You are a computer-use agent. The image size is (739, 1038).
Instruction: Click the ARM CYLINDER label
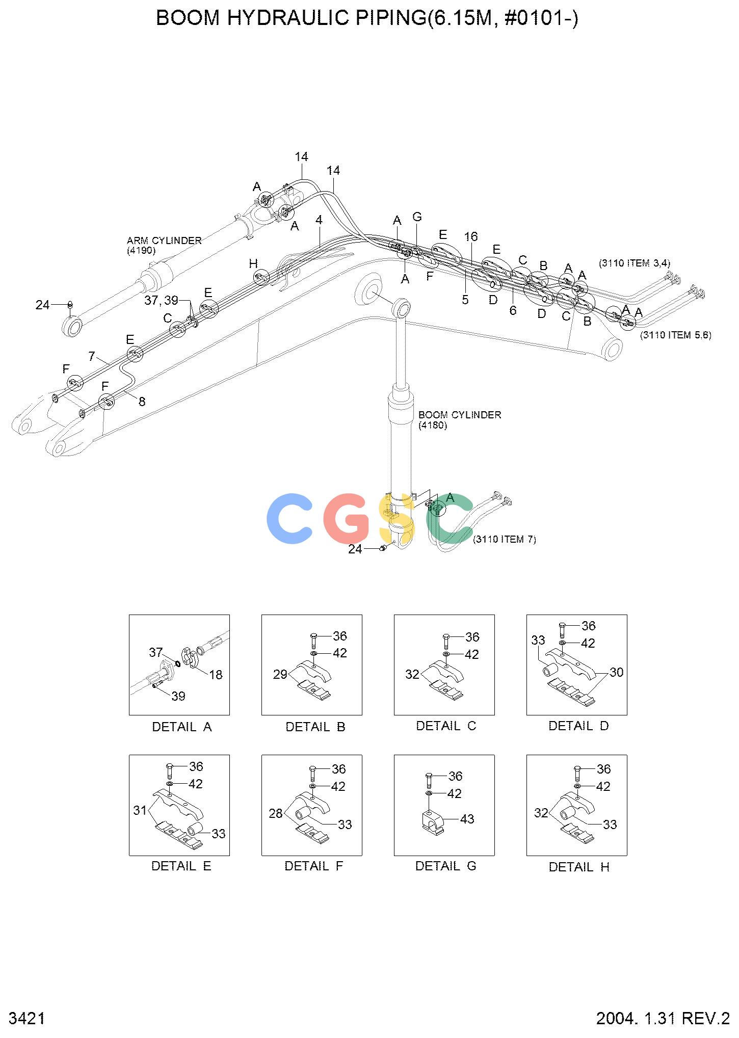(x=164, y=241)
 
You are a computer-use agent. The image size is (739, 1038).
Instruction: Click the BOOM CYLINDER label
(x=460, y=415)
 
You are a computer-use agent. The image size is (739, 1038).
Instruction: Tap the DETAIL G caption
(x=445, y=866)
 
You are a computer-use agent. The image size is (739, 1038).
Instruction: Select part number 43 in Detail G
(x=467, y=819)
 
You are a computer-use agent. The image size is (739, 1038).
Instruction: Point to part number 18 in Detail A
(x=216, y=675)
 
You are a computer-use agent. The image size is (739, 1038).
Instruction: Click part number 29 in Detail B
(x=280, y=674)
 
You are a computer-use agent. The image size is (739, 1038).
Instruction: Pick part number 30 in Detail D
(x=617, y=672)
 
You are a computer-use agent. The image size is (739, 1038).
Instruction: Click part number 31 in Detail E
(x=140, y=810)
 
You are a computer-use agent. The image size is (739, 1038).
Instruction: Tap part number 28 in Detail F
(x=276, y=813)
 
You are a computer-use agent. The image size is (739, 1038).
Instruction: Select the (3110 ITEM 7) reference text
(x=505, y=539)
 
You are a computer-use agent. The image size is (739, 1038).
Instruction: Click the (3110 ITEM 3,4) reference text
(x=635, y=263)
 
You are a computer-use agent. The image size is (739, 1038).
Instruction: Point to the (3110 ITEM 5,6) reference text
(x=676, y=335)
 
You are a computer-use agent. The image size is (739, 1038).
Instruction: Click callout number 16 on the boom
(x=471, y=236)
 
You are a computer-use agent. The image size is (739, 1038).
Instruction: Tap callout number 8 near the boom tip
(x=142, y=402)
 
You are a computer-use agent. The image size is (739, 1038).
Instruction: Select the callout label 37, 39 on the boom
(x=162, y=301)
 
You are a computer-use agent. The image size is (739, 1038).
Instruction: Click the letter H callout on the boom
(x=253, y=263)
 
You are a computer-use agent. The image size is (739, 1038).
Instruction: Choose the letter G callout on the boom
(x=417, y=217)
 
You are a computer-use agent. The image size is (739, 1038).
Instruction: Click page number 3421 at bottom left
(x=28, y=1018)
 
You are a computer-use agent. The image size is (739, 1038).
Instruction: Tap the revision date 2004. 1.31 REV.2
(x=663, y=1018)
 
